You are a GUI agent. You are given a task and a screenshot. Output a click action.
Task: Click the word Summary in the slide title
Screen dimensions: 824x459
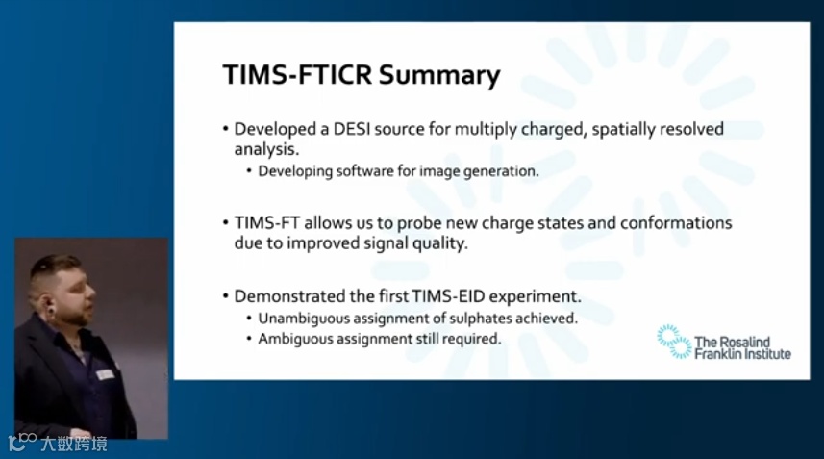point(439,76)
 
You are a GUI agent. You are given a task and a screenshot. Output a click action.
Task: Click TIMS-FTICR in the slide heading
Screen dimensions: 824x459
point(297,74)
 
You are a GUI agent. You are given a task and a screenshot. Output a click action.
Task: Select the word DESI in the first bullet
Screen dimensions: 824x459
point(352,129)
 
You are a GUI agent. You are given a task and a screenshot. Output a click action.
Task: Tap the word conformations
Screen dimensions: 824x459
point(676,223)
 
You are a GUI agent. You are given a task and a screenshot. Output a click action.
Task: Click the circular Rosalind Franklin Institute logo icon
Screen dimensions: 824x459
point(674,342)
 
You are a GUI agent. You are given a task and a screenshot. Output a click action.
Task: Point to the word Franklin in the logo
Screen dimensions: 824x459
point(717,354)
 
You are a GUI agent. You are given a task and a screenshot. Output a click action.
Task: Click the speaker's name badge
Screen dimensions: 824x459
point(105,374)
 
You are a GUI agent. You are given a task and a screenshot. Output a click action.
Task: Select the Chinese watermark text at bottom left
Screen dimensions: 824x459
point(74,444)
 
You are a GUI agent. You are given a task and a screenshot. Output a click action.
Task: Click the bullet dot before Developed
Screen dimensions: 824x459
point(226,129)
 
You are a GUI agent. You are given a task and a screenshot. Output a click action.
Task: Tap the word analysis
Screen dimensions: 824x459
point(266,149)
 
